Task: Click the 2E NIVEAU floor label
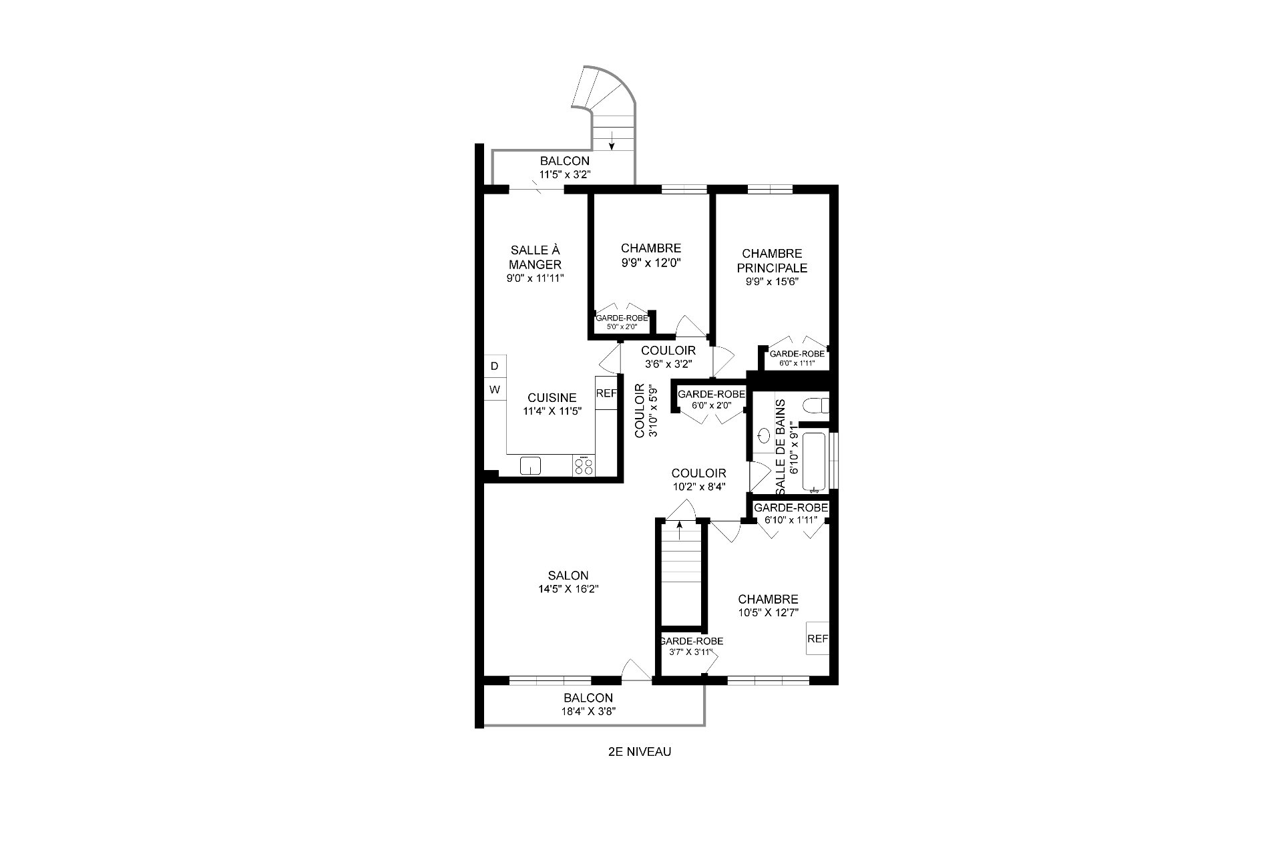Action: pyautogui.click(x=639, y=752)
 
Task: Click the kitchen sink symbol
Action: pyautogui.click(x=531, y=465)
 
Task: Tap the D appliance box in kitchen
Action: pyautogui.click(x=495, y=366)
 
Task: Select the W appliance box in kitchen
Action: pyautogui.click(x=495, y=389)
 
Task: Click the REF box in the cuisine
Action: pyautogui.click(x=606, y=393)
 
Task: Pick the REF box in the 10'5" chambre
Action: pyautogui.click(x=817, y=639)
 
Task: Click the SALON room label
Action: pyautogui.click(x=568, y=576)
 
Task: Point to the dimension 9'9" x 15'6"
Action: pyautogui.click(x=772, y=282)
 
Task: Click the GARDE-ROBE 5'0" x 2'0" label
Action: pyautogui.click(x=622, y=322)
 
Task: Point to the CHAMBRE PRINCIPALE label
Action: pyautogui.click(x=772, y=260)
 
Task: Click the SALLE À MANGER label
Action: pyautogui.click(x=535, y=257)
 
